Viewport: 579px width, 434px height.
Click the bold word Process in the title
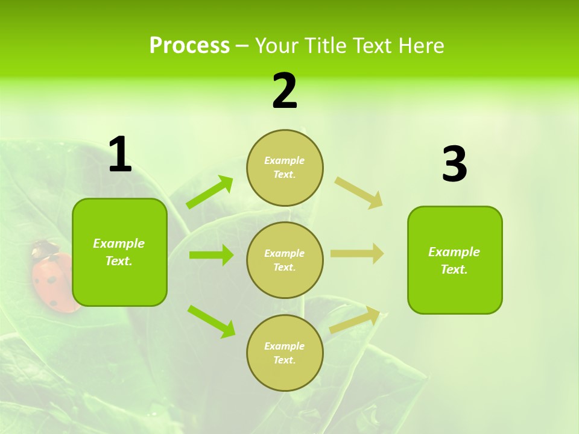(x=189, y=45)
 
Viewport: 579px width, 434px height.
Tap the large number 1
(x=120, y=155)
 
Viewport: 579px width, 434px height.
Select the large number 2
(x=285, y=91)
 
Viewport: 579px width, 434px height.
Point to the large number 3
(x=454, y=164)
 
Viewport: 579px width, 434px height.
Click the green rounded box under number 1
(x=119, y=252)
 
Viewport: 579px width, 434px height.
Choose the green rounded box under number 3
(x=455, y=260)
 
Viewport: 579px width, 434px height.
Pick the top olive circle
(x=285, y=168)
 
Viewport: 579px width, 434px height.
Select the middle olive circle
(x=285, y=260)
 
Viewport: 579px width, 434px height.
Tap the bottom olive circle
(x=285, y=353)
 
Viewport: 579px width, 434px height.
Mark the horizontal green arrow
(x=211, y=255)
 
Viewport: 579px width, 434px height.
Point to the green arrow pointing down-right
(x=212, y=321)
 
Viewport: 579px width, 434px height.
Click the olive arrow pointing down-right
(x=359, y=192)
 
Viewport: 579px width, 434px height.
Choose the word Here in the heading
(x=422, y=45)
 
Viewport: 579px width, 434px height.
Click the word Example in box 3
(x=454, y=252)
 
